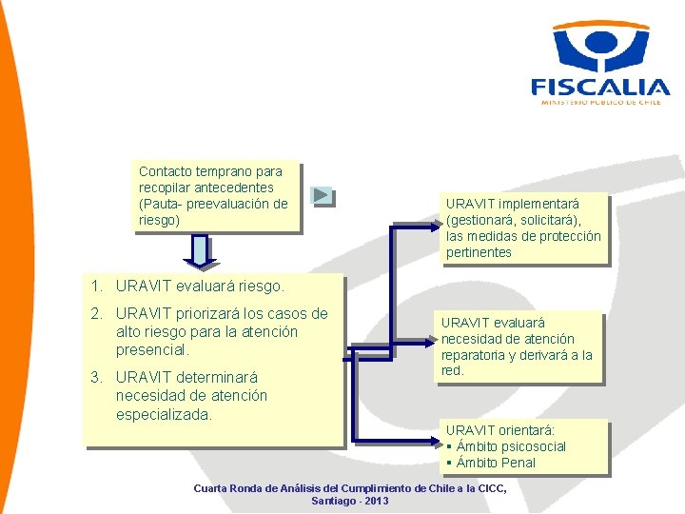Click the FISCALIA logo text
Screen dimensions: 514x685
600,86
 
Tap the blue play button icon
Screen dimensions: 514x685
323,196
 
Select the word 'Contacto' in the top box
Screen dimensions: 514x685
166,171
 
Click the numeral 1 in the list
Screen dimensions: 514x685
95,285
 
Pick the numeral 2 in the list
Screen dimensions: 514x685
95,314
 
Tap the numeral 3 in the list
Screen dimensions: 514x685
95,376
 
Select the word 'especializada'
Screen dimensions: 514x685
163,415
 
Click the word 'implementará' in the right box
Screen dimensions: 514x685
539,204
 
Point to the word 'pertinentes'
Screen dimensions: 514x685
479,252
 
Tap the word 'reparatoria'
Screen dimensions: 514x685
476,355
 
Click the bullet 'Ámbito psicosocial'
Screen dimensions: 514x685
511,446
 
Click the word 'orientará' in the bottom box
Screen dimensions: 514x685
527,430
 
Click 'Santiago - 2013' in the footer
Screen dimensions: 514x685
349,501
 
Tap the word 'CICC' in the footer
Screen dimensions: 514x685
490,488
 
